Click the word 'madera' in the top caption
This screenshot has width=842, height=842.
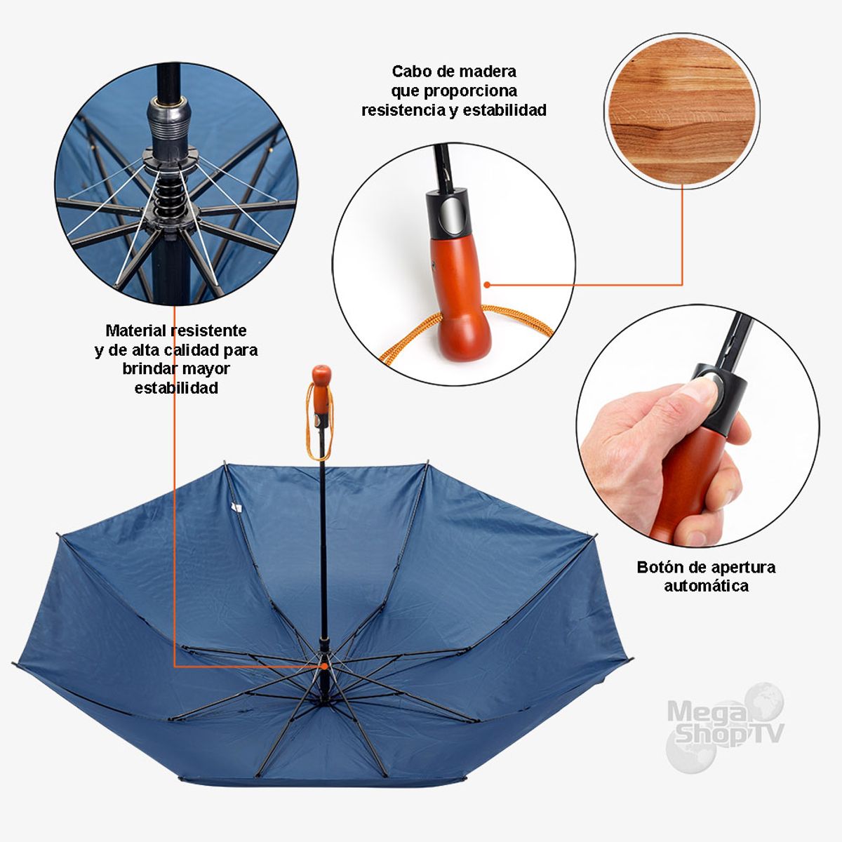coord(487,72)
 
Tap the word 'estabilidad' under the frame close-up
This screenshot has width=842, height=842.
coord(176,388)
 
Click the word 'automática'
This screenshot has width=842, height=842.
coord(706,586)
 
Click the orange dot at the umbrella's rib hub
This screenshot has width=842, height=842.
coord(324,665)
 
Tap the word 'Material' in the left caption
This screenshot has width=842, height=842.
coord(135,330)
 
